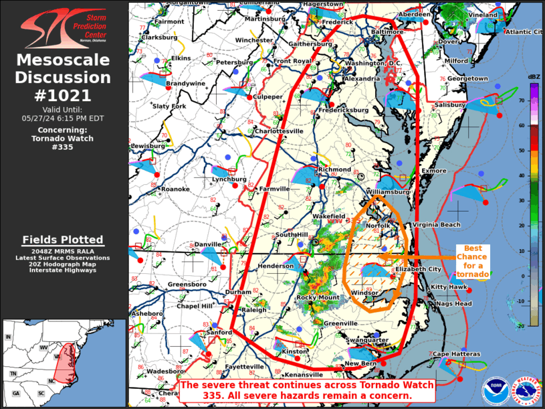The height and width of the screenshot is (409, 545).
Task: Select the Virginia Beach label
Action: coord(436,224)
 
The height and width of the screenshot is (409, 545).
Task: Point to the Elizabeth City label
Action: coord(418,269)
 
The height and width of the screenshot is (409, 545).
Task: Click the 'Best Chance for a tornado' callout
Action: coord(473,261)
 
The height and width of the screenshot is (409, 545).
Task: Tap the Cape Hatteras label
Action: coord(457,353)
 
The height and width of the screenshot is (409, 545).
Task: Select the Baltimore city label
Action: coord(387,31)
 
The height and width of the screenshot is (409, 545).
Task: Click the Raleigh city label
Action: coord(254,310)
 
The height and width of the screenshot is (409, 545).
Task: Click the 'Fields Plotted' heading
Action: coord(63,240)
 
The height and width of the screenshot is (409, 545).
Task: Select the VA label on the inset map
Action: coord(58,357)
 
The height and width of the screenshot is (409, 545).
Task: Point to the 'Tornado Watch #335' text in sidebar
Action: coord(63,143)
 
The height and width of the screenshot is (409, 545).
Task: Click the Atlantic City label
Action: coord(524,31)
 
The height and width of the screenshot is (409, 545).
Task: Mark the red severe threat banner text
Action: coord(307,391)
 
